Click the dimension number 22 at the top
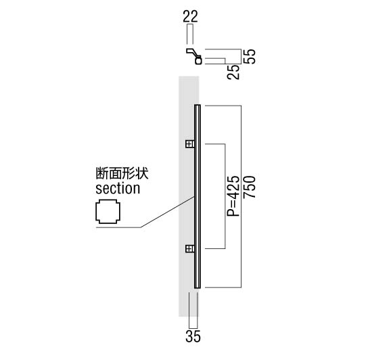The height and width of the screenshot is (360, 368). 190,16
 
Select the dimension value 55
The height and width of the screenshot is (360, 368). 249,56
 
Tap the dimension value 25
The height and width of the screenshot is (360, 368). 233,72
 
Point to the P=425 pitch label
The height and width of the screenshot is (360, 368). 233,196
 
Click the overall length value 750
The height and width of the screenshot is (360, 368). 249,187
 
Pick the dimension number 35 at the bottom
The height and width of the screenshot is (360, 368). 193,336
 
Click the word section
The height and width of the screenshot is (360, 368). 118,189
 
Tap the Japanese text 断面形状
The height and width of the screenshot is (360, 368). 122,173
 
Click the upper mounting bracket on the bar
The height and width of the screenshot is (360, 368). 190,144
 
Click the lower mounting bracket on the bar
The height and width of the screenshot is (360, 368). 190,248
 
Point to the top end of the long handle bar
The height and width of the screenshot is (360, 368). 198,105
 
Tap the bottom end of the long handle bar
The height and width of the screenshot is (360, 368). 198,288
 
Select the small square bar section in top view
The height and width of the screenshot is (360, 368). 198,61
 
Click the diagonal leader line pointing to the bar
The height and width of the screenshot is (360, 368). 168,212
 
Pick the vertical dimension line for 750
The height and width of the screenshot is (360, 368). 241,196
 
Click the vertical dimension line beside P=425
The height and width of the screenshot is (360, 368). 225,196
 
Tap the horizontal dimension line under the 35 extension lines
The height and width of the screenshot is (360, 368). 193,328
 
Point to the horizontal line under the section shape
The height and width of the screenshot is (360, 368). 118,227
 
